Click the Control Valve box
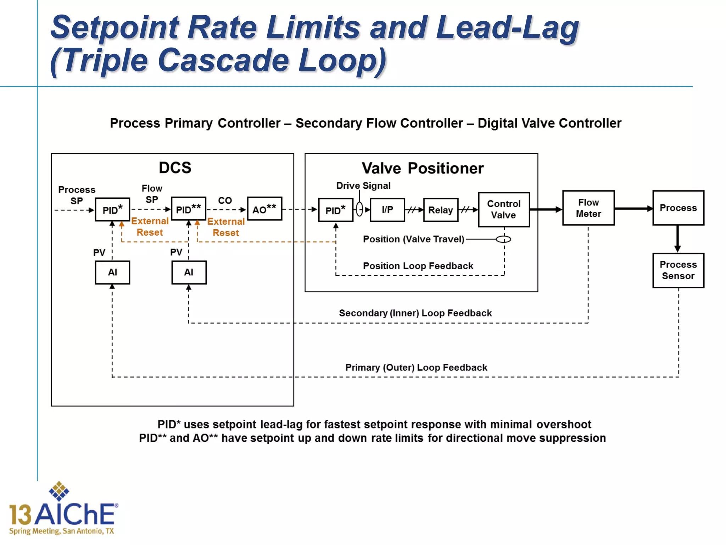pyautogui.click(x=504, y=209)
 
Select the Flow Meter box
pyautogui.click(x=588, y=208)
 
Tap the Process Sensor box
pyautogui.click(x=678, y=270)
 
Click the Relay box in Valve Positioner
pyautogui.click(x=440, y=210)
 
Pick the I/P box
pyautogui.click(x=387, y=210)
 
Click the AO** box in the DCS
pyautogui.click(x=264, y=209)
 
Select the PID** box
pyautogui.click(x=188, y=209)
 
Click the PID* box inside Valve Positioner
pyautogui.click(x=335, y=210)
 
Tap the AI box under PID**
pyautogui.click(x=189, y=272)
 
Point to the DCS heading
pyautogui.click(x=175, y=167)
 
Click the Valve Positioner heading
pyautogui.click(x=422, y=168)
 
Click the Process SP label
pyautogui.click(x=77, y=195)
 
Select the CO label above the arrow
pyautogui.click(x=225, y=200)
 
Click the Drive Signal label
pyautogui.click(x=363, y=186)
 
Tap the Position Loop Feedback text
pyautogui.click(x=418, y=266)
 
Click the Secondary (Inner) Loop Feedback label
pyautogui.click(x=415, y=313)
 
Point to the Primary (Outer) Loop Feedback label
pyautogui.click(x=416, y=367)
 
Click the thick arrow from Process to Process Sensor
pyautogui.click(x=677, y=238)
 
